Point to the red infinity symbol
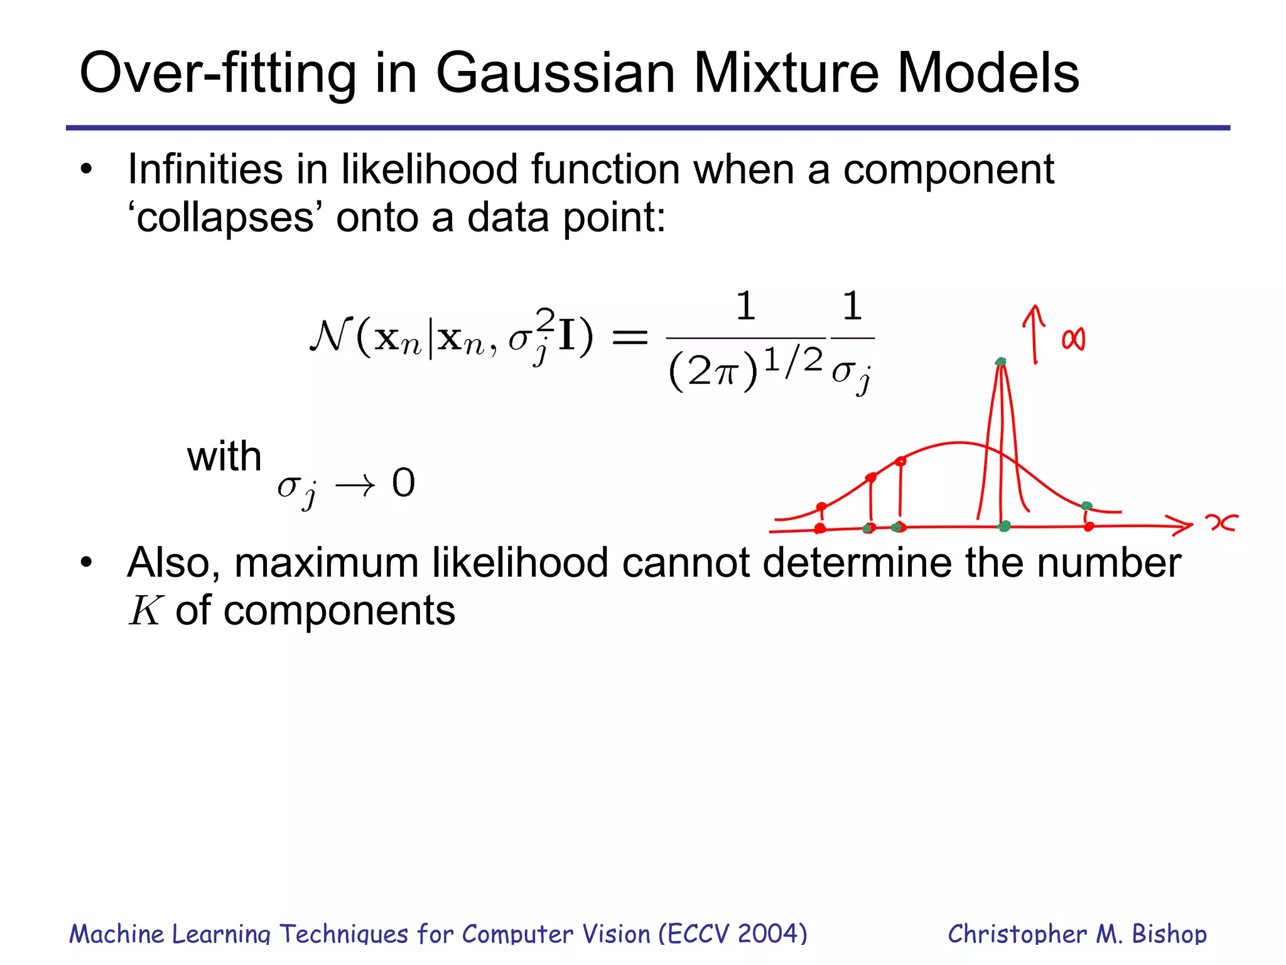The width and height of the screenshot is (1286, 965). (x=1073, y=340)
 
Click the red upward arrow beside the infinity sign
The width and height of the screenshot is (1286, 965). (x=1034, y=333)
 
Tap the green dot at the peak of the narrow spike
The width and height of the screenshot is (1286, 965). (x=1001, y=361)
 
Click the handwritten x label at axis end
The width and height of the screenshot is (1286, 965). (x=1221, y=522)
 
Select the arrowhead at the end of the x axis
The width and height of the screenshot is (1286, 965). (x=1184, y=525)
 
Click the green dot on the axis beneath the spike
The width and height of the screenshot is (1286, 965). (x=1005, y=526)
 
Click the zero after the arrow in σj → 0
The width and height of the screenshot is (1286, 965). (x=404, y=483)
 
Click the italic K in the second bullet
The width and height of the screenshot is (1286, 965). (x=146, y=611)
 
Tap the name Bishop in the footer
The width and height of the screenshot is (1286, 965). (x=1169, y=934)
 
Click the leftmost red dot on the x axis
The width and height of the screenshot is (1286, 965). (x=819, y=528)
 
